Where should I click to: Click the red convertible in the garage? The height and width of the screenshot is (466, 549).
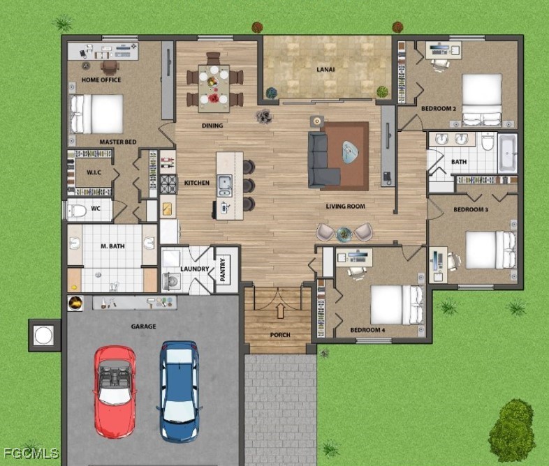point(115,391)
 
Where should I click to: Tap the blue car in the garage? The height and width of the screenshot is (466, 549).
point(180,391)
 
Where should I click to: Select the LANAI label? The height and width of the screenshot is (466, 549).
point(325,70)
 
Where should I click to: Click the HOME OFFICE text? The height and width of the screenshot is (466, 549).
point(101,80)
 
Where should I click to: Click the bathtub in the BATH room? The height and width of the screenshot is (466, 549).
point(507,153)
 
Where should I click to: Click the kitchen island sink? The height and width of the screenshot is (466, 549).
point(224,186)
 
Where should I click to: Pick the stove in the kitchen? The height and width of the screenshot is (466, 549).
point(169,184)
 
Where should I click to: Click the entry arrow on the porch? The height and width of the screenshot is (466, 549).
point(280,311)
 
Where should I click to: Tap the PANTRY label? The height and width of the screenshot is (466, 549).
point(223,269)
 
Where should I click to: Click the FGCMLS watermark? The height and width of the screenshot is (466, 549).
point(31,453)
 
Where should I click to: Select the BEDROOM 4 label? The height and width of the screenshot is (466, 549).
point(367,330)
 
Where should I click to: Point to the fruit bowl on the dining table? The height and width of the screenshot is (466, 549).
point(212,82)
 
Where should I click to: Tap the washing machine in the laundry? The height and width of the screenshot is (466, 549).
point(172,281)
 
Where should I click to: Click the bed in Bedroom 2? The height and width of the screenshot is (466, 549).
point(482,100)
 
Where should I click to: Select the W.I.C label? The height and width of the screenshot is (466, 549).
point(94,172)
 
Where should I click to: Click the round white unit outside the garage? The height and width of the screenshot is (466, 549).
point(44,336)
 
